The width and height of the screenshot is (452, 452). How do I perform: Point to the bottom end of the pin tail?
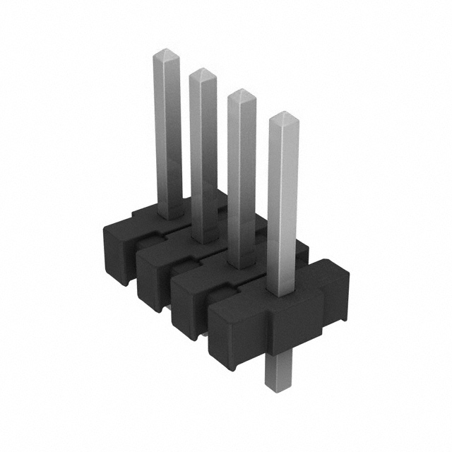(x=278, y=384)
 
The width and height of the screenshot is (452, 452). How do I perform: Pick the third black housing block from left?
(x=189, y=297)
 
